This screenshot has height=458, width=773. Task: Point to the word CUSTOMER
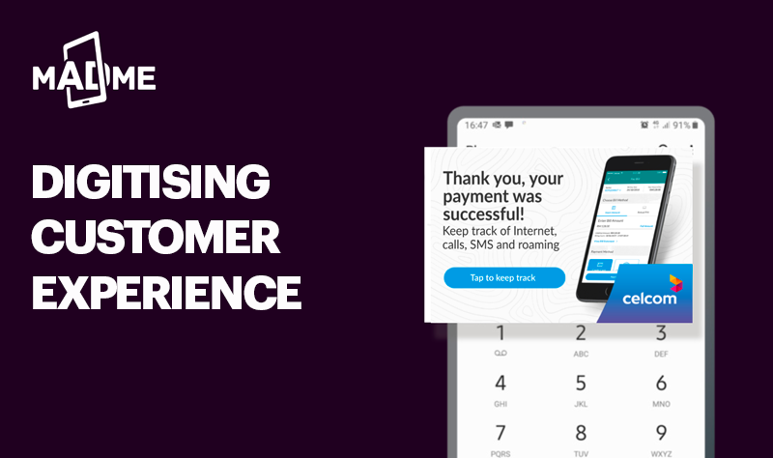[x=155, y=237]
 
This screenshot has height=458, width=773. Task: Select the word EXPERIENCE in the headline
[x=166, y=291]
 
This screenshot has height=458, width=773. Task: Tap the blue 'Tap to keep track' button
[x=503, y=278]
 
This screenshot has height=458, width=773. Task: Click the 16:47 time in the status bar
[x=475, y=126]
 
